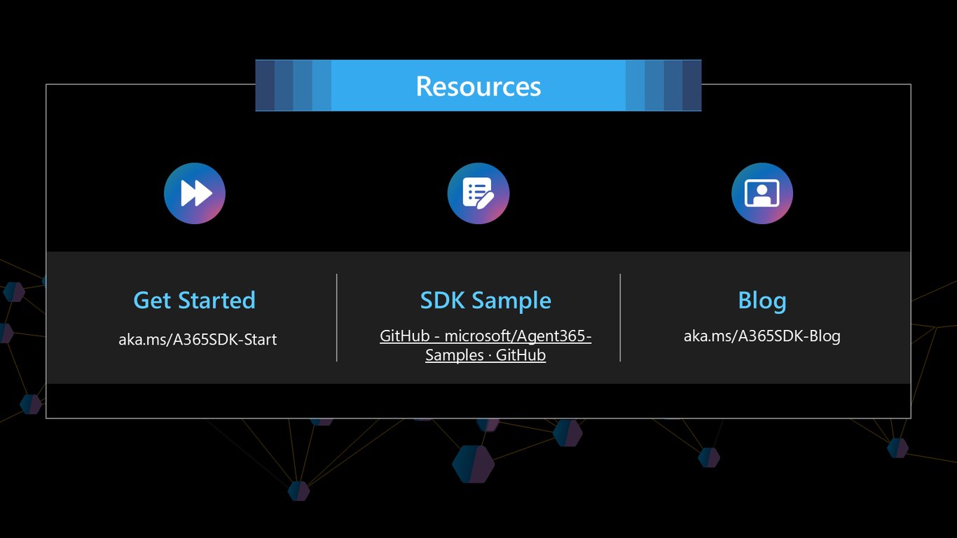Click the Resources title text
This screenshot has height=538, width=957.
point(478,86)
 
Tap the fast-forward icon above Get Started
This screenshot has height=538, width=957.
point(195,193)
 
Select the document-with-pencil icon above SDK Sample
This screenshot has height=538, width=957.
point(478,193)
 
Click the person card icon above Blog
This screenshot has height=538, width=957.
point(762,193)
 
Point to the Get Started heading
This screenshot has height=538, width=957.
point(194,300)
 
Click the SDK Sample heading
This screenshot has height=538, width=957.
point(486,300)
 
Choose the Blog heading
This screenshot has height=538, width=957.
point(762,301)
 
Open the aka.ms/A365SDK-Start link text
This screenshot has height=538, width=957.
point(198,339)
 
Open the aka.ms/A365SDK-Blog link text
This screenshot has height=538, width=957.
point(762,336)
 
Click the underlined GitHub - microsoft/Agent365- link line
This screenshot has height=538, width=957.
point(486,336)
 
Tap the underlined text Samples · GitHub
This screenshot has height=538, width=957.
point(486,355)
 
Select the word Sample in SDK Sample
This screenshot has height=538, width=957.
point(512,301)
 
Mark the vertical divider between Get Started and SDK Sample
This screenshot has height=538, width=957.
point(337,317)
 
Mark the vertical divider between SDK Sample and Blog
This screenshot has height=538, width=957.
point(620,317)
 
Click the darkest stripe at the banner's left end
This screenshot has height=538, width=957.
point(265,85)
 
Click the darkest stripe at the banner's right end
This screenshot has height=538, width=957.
point(691,85)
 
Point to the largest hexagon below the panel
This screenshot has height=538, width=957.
point(474,464)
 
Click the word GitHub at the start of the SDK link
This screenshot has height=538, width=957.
point(405,336)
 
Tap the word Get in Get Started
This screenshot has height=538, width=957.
point(152,300)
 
